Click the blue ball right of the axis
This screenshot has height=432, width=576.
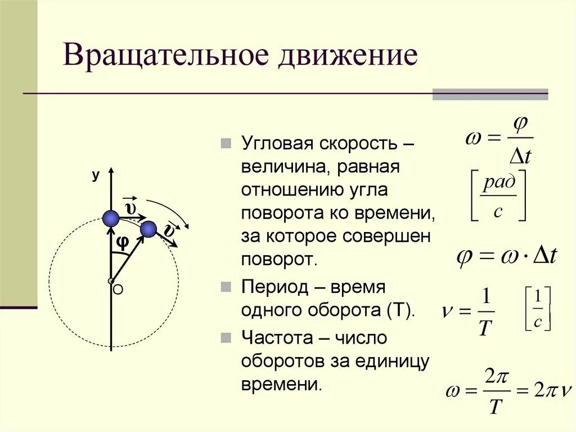coord(148,229)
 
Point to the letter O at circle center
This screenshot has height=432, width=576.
coord(118,290)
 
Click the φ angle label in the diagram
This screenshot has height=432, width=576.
coord(122,242)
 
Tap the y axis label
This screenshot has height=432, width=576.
coord(96,176)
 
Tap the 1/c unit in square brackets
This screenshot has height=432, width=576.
coord(537,309)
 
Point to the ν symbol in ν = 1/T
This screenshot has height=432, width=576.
coord(448,310)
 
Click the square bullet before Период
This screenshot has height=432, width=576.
coord(226,287)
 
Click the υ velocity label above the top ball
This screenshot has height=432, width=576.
coord(130,208)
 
